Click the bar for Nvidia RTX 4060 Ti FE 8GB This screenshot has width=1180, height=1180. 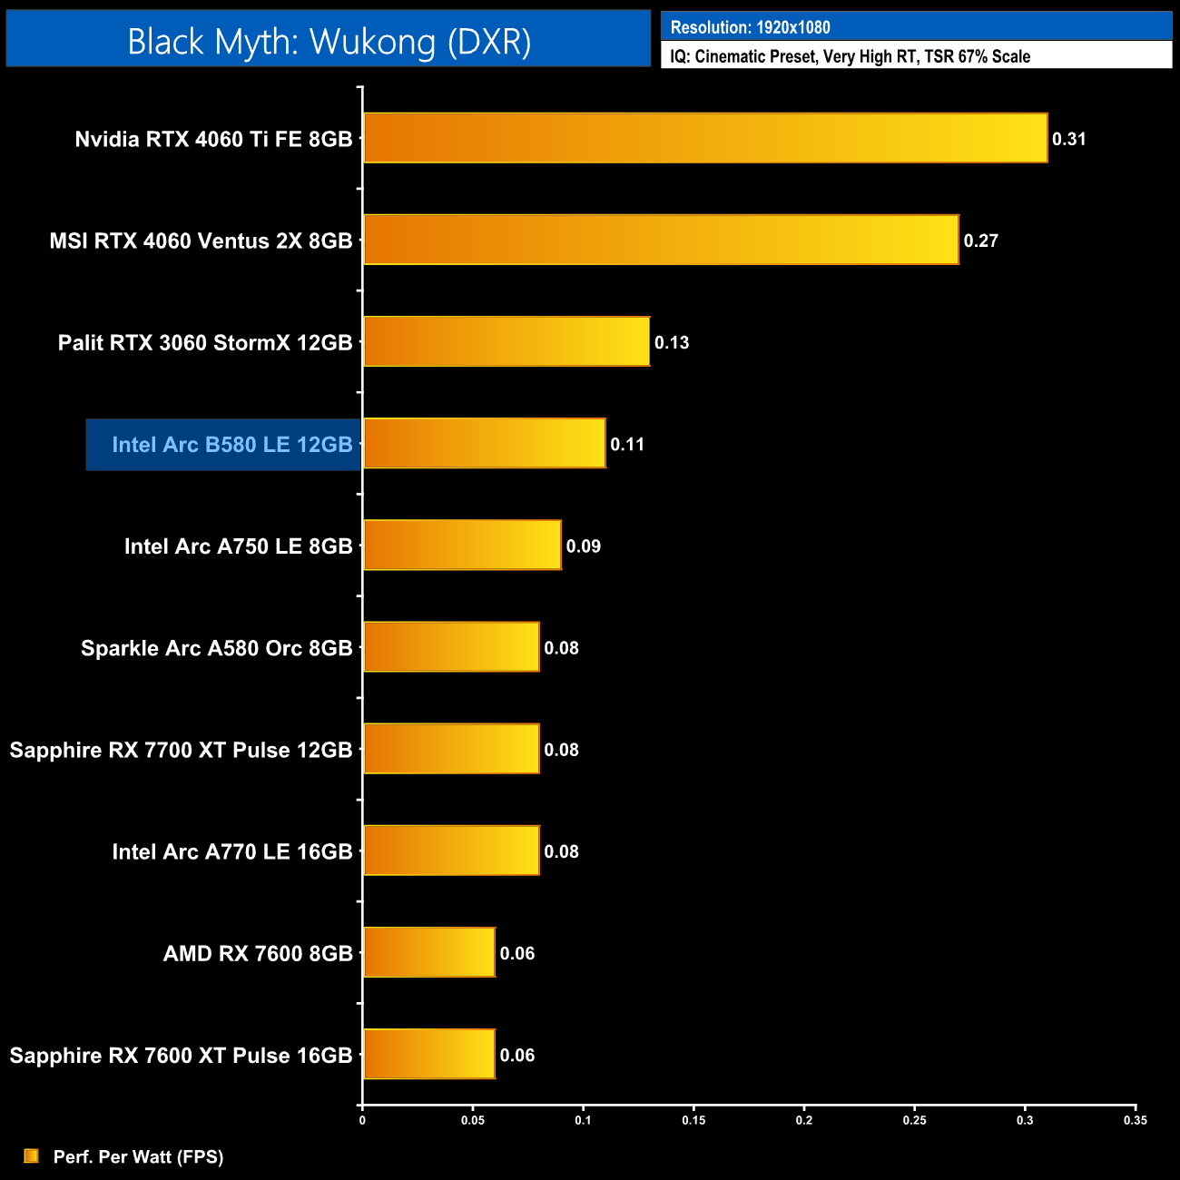click(705, 138)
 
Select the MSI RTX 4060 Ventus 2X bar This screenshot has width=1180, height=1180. click(661, 240)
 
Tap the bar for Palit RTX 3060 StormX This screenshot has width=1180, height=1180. click(506, 341)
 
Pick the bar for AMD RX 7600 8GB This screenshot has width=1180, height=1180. click(429, 952)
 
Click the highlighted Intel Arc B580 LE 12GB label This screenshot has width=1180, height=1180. click(231, 445)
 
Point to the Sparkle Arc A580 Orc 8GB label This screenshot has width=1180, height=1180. click(216, 648)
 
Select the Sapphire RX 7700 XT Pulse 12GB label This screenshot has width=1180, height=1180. click(181, 750)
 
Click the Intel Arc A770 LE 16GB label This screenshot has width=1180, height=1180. click(231, 851)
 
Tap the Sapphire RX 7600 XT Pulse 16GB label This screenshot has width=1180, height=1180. click(181, 1056)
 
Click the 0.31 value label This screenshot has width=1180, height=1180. click(1068, 139)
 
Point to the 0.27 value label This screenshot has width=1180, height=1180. click(980, 241)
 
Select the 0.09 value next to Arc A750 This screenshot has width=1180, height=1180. click(583, 546)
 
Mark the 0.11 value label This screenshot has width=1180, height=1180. click(627, 445)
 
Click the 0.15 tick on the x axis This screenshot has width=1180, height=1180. click(693, 1121)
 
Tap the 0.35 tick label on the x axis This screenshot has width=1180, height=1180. click(1135, 1121)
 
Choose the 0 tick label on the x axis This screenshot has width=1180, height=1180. click(362, 1121)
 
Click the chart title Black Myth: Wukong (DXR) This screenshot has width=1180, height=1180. click(329, 41)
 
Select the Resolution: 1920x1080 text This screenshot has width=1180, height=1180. click(750, 27)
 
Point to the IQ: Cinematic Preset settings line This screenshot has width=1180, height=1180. click(850, 56)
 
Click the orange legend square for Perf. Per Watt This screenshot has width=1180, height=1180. click(32, 1155)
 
